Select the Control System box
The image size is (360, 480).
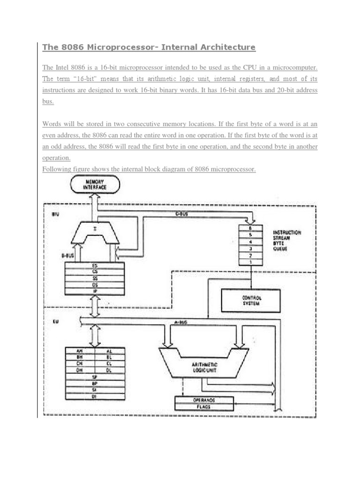click(x=250, y=300)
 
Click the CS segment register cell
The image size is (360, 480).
click(x=95, y=271)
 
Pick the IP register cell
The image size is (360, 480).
click(x=95, y=291)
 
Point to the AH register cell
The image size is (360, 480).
click(x=80, y=351)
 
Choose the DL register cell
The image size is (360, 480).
click(x=110, y=370)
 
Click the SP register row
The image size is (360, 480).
click(x=95, y=376)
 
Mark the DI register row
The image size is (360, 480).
click(x=95, y=396)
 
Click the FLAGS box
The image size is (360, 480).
click(x=204, y=407)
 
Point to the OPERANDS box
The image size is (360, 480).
click(x=204, y=400)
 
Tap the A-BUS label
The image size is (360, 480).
click(x=180, y=322)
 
